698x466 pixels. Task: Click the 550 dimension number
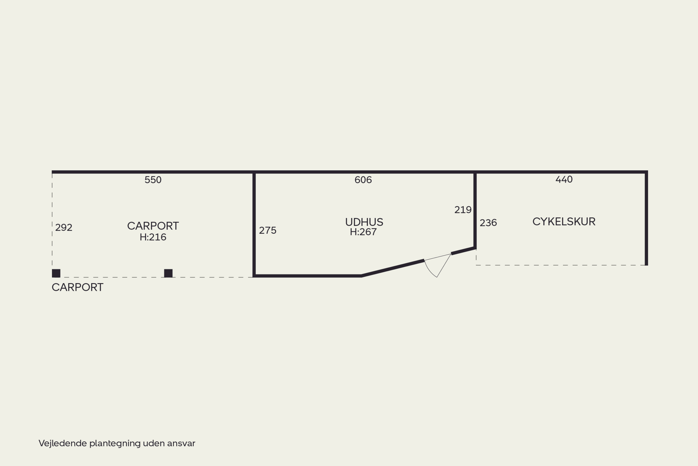point(153,180)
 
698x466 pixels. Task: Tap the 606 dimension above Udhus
point(363,180)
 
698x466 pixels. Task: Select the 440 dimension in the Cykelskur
point(564,179)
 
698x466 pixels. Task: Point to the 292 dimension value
point(64,228)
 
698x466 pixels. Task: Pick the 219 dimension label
point(463,210)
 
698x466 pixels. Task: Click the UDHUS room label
point(364,222)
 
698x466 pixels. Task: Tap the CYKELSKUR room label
point(564,221)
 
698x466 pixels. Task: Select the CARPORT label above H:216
point(153,226)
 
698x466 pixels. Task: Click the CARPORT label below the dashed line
point(77,287)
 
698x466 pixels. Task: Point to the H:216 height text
point(153,237)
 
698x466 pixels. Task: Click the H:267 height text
point(363,232)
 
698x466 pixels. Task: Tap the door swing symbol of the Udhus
point(438,265)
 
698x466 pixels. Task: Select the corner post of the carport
point(56,273)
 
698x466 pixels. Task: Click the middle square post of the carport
point(168,273)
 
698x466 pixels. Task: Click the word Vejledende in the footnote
point(63,443)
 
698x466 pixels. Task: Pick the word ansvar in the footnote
point(181,444)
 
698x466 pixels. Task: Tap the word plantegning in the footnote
point(115,444)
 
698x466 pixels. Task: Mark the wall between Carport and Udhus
point(254,224)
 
